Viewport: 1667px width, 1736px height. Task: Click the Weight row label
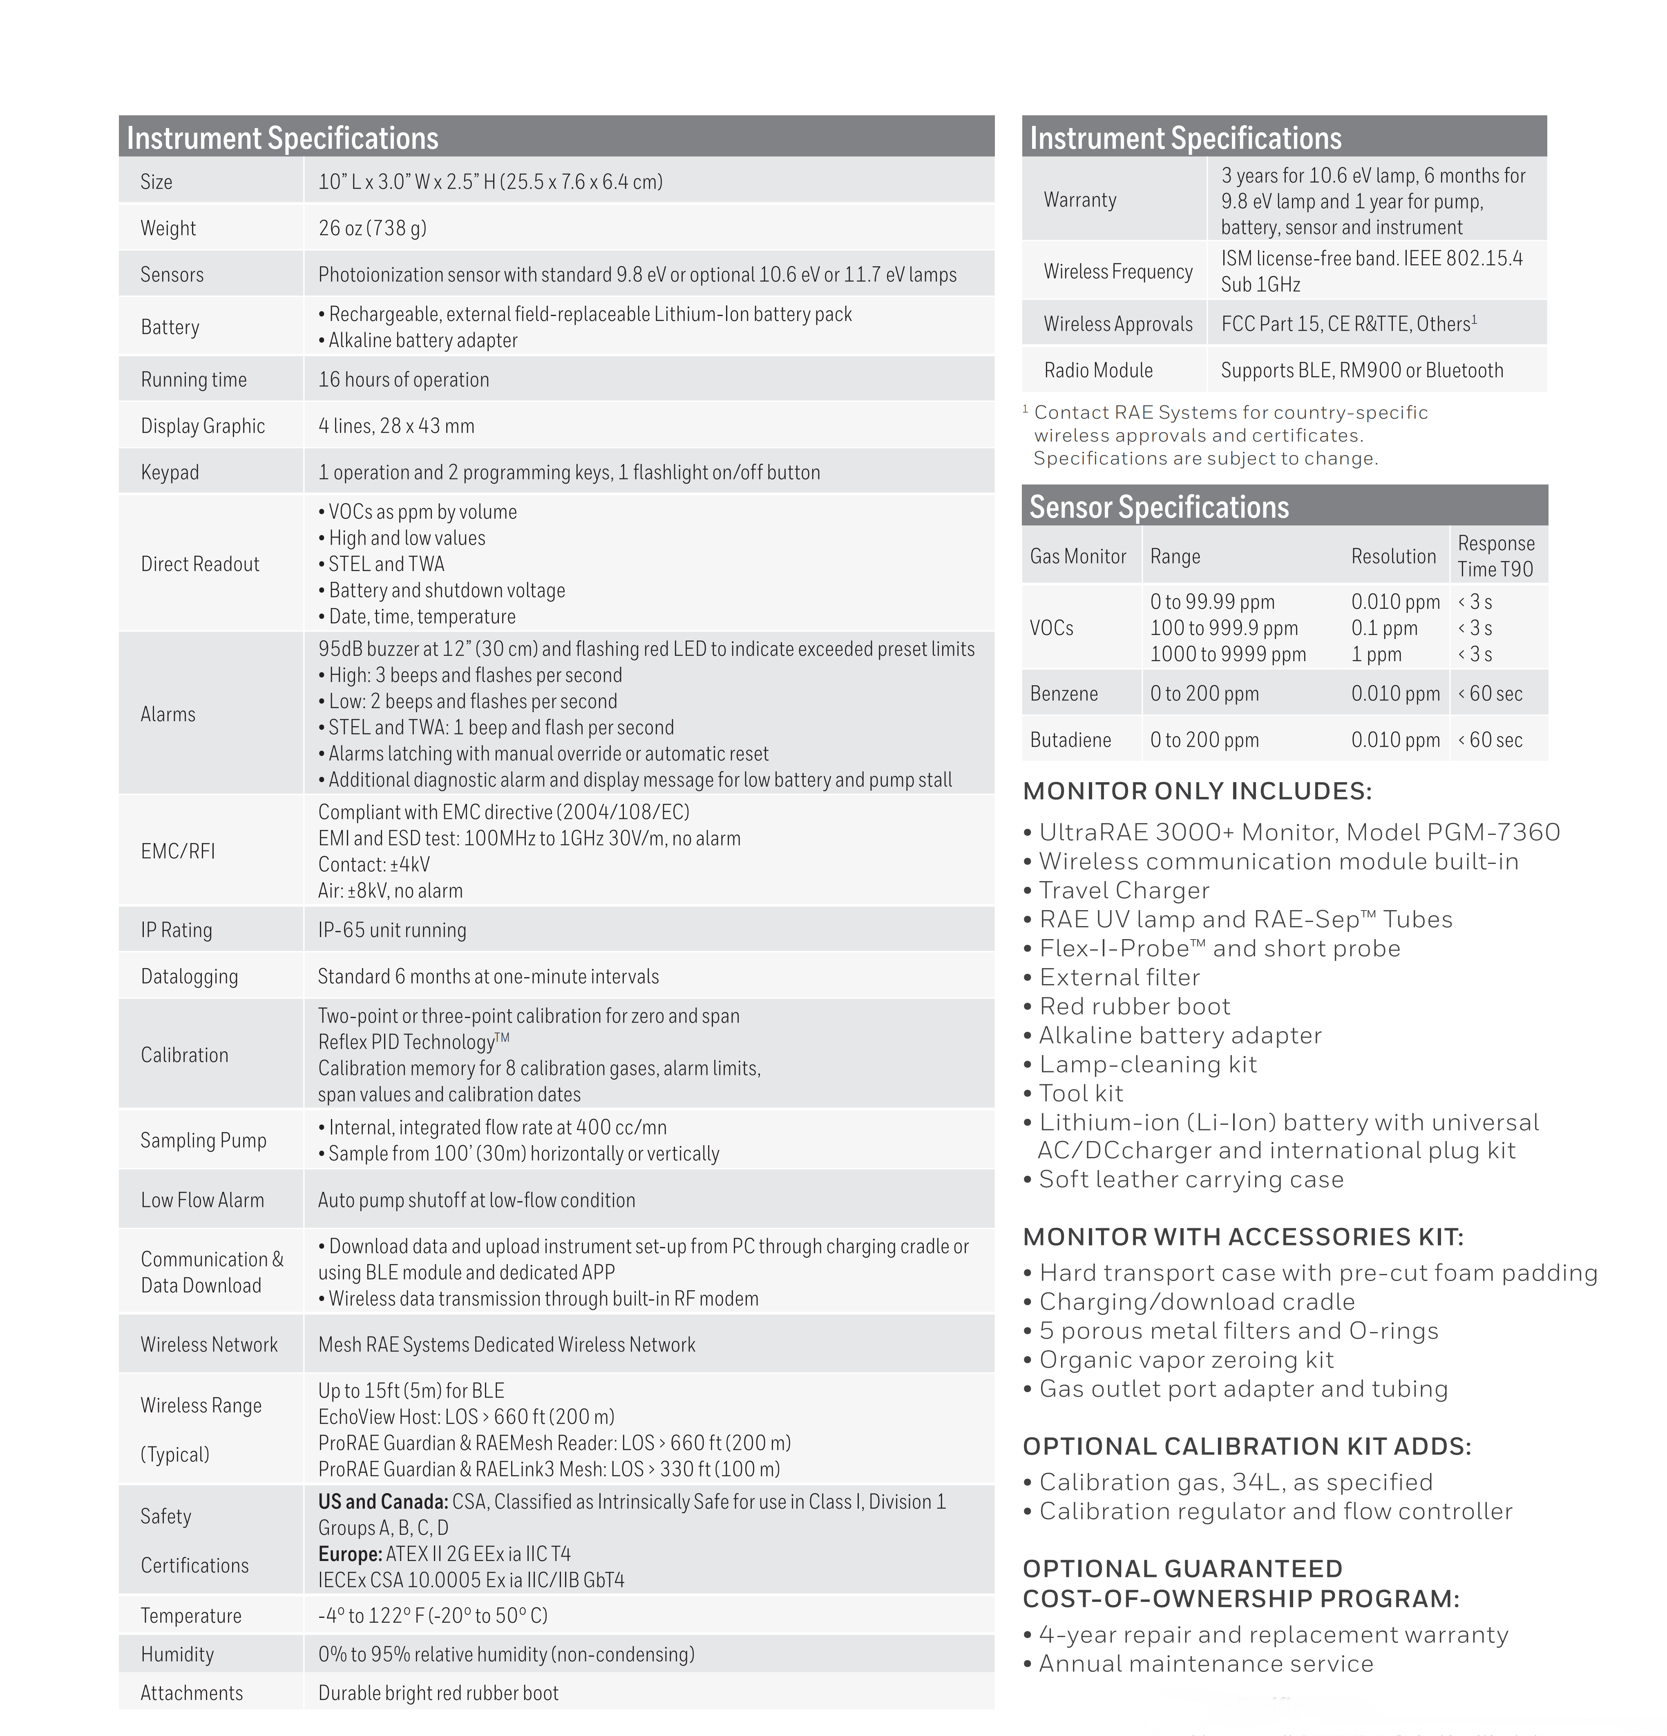pyautogui.click(x=168, y=229)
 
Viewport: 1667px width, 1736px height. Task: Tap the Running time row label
pyautogui.click(x=194, y=380)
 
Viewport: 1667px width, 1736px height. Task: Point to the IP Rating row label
pyautogui.click(x=176, y=930)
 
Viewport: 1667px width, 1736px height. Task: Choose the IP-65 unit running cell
pyautogui.click(x=392, y=930)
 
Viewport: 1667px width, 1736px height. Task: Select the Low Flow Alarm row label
pyautogui.click(x=202, y=1200)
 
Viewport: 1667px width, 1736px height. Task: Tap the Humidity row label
pyautogui.click(x=177, y=1655)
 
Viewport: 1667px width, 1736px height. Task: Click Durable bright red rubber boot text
pyautogui.click(x=438, y=1693)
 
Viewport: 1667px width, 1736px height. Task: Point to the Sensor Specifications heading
pyautogui.click(x=1159, y=507)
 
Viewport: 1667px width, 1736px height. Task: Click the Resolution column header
pyautogui.click(x=1393, y=556)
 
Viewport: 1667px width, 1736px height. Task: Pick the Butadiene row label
pyautogui.click(x=1070, y=740)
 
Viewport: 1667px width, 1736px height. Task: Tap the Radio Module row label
pyautogui.click(x=1098, y=370)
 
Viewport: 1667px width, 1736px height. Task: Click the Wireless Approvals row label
pyautogui.click(x=1118, y=324)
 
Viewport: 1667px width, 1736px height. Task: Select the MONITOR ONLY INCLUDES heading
pyautogui.click(x=1197, y=791)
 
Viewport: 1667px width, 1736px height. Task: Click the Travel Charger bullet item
pyautogui.click(x=1124, y=890)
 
